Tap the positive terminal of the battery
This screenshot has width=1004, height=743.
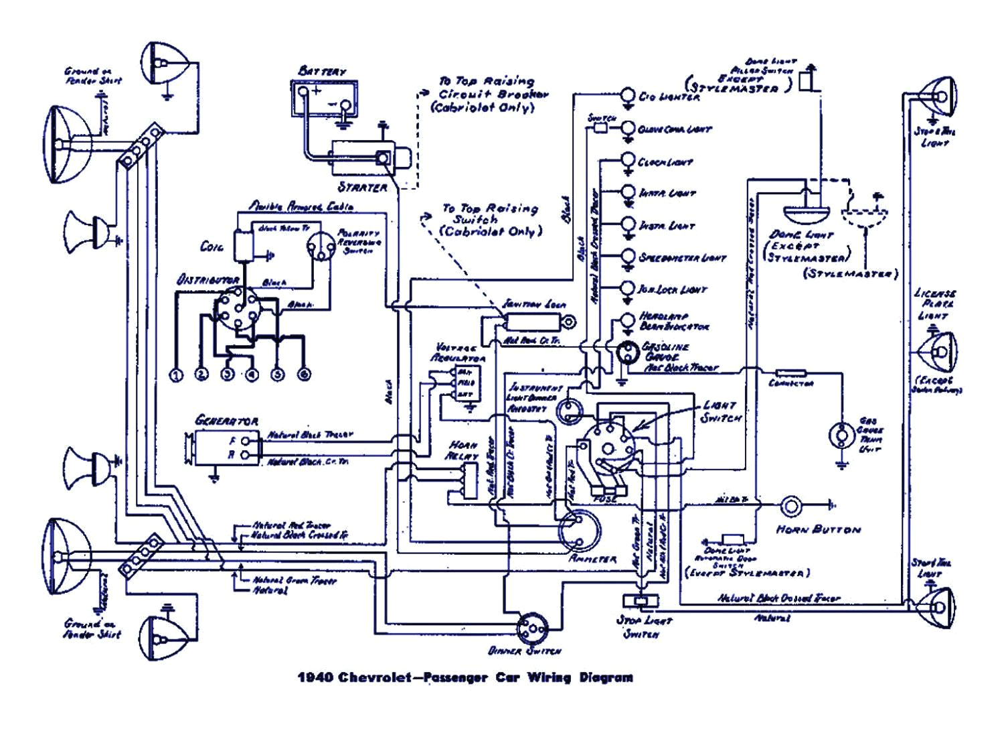305,92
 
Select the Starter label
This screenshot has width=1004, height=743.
362,187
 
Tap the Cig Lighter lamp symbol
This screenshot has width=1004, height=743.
628,95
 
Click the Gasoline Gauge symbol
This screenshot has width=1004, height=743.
628,352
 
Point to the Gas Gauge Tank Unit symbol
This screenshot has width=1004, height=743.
839,436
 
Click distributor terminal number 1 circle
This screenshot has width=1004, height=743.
176,375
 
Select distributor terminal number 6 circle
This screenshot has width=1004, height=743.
303,375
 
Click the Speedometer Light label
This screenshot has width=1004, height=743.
682,257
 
